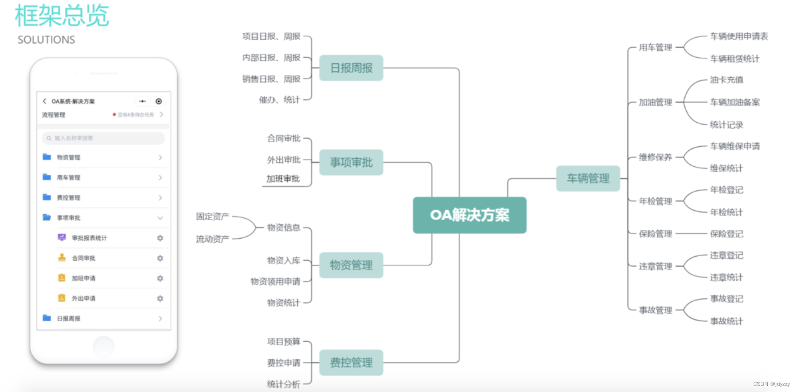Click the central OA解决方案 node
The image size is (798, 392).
click(x=469, y=215)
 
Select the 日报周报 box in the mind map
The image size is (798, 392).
click(x=351, y=68)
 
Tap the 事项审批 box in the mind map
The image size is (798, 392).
click(x=351, y=162)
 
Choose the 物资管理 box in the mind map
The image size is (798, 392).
click(x=351, y=265)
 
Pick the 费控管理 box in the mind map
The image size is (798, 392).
click(x=351, y=362)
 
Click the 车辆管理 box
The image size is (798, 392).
click(x=588, y=178)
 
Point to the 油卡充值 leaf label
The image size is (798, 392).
click(x=726, y=80)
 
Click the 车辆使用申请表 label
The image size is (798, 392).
click(x=739, y=36)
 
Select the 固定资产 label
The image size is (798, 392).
click(x=212, y=217)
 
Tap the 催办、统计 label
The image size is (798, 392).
click(x=279, y=100)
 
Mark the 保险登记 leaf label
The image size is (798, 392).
click(x=726, y=234)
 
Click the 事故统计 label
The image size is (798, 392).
click(x=726, y=321)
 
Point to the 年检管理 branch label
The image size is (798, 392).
click(x=655, y=201)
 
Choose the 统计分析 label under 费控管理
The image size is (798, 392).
click(x=283, y=384)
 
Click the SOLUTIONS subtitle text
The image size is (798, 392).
click(x=46, y=40)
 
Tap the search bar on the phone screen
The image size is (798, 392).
click(x=103, y=138)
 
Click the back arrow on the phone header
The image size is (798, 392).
click(x=44, y=101)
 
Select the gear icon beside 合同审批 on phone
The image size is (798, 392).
click(x=160, y=258)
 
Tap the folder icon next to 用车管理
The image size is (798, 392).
click(x=47, y=177)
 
